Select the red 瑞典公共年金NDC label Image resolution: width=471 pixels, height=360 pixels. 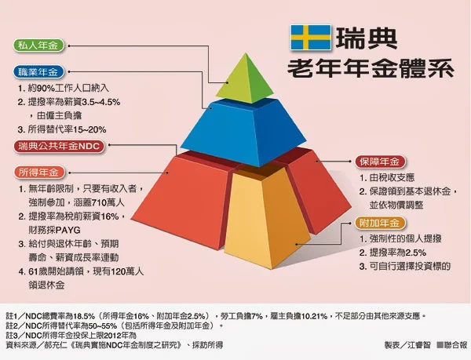[58, 146]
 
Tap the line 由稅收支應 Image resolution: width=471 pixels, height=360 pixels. [394, 177]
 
